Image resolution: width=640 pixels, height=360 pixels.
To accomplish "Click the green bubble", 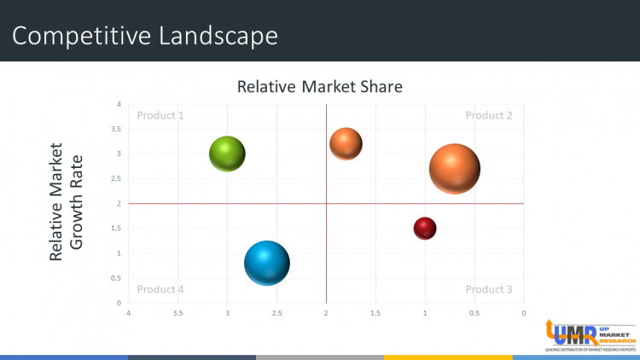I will pos(227,154).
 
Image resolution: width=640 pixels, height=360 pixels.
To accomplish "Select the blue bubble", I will pos(267,263).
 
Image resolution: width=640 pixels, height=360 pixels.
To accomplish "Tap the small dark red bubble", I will pos(425,228).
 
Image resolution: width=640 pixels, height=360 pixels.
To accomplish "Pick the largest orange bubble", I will pos(455,169).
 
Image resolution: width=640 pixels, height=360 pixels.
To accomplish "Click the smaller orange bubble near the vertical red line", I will pos(346,143).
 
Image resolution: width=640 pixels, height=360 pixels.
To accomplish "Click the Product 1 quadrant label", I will pos(160,116).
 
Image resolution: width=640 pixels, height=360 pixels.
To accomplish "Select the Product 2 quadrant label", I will pos(488,116).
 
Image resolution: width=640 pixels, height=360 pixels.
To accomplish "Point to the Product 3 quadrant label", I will pos(488,289).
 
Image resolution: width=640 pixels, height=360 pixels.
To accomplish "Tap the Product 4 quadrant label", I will pos(160,289).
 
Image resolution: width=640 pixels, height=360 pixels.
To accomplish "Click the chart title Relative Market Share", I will pos(319,86).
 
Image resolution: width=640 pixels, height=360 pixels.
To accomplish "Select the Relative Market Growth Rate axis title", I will pos(66,201).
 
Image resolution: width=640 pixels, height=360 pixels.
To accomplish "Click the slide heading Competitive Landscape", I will pos(146,36).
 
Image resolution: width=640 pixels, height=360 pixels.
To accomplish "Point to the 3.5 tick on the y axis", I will pos(117,129).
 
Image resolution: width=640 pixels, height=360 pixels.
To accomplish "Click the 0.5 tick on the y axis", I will pos(117,278).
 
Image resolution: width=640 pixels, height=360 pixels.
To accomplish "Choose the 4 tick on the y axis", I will pos(119,104).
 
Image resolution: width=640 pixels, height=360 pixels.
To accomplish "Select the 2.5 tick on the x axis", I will pos(276,313).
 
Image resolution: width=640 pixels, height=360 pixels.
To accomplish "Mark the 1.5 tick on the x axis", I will pos(375,313).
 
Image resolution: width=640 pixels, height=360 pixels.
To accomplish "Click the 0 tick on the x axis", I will pos(524,313).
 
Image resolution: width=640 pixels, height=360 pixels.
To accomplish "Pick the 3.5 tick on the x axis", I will pos(177,313).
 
